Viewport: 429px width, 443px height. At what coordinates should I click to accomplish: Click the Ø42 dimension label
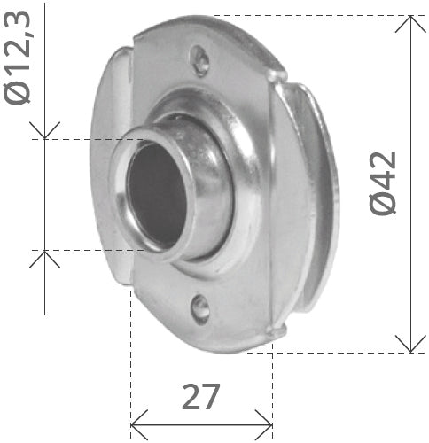coord(384,182)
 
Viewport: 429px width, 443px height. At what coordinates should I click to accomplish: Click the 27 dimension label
coord(201,396)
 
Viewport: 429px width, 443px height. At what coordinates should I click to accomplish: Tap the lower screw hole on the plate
coord(201,308)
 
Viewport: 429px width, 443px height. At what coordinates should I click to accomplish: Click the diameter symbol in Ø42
coord(384,204)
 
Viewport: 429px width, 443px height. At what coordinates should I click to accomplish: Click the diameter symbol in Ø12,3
coord(19,91)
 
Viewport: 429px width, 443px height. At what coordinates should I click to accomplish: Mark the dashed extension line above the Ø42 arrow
coord(310,15)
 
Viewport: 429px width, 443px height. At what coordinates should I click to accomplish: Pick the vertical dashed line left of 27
coord(131,354)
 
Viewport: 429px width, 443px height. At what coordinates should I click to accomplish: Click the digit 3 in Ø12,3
coord(19,17)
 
